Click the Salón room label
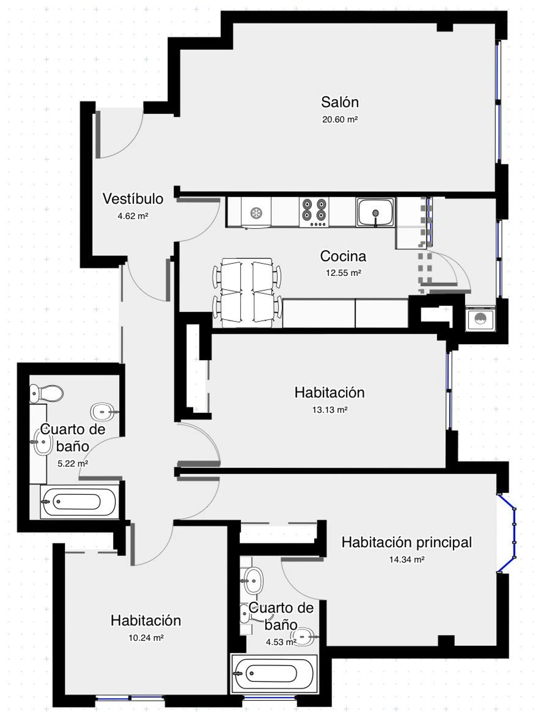(340, 102)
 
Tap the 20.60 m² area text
(340, 119)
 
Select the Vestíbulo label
(133, 199)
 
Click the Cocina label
(343, 256)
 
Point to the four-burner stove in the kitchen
(314, 212)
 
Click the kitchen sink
(375, 213)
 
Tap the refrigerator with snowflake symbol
(256, 213)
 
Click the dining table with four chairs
(247, 293)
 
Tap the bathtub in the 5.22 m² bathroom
(79, 501)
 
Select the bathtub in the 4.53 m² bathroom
(274, 674)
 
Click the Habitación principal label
(407, 542)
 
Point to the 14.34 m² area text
(407, 559)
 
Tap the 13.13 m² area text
(330, 410)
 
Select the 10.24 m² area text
(146, 638)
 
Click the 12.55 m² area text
(344, 273)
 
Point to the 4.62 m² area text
(133, 216)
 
